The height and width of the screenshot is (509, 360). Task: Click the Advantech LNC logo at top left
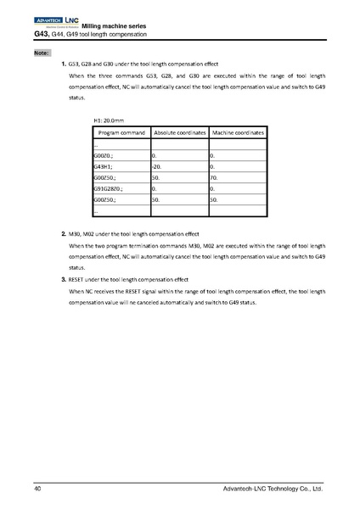[56, 19]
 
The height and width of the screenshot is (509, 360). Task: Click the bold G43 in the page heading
[42, 34]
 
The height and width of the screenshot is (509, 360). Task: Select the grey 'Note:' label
[42, 53]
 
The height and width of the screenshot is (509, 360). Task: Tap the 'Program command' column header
[121, 134]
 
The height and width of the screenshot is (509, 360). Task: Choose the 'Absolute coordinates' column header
[179, 134]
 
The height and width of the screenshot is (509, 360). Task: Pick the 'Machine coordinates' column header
[238, 134]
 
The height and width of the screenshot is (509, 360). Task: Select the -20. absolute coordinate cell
[156, 167]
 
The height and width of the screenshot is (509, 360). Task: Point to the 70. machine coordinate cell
[213, 178]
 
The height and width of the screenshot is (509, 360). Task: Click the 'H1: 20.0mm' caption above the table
[110, 121]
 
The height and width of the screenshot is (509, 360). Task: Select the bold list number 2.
[64, 232]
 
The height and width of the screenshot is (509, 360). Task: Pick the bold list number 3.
[64, 279]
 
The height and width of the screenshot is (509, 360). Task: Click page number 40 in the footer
[38, 489]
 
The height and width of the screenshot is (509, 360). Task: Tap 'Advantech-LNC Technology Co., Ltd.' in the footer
[272, 489]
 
